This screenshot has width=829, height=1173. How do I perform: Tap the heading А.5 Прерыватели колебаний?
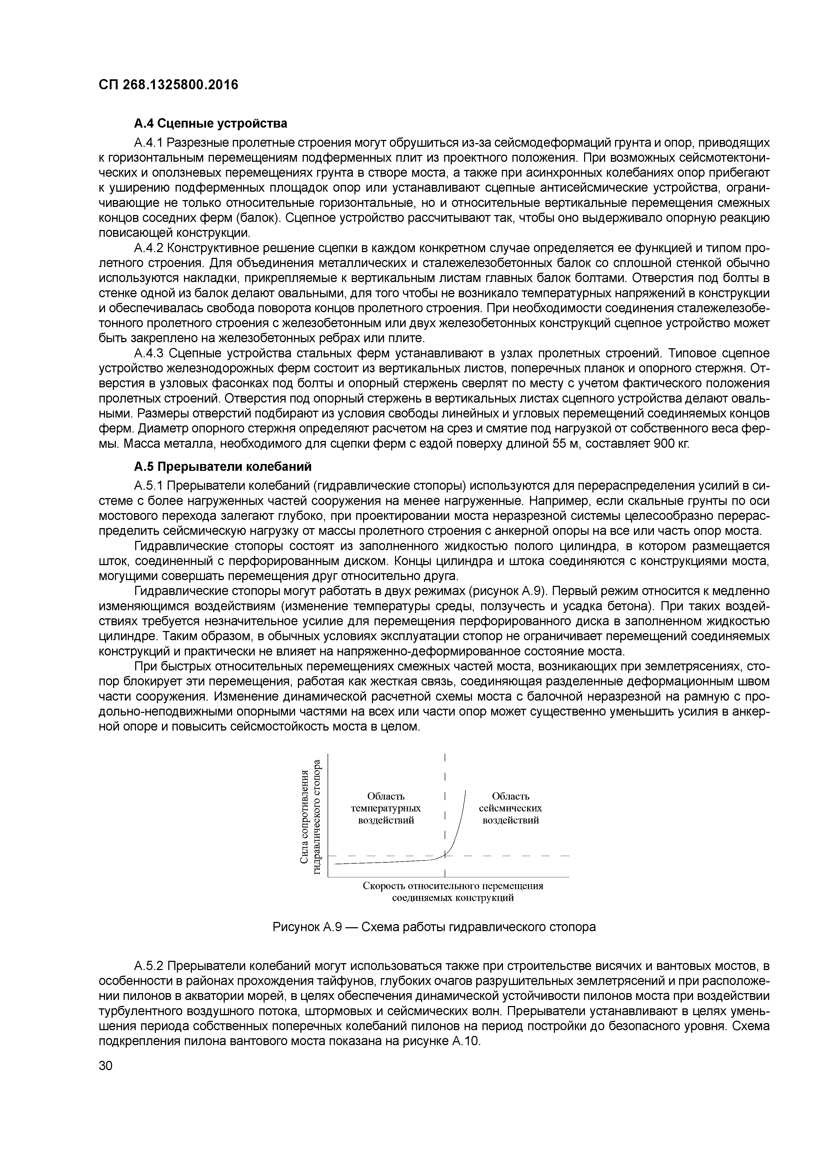click(223, 467)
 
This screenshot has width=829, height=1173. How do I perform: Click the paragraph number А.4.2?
click(149, 248)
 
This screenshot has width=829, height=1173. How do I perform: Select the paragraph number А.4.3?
click(149, 353)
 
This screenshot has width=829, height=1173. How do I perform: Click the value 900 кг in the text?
click(671, 444)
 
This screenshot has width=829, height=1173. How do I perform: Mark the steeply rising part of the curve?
click(460, 817)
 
